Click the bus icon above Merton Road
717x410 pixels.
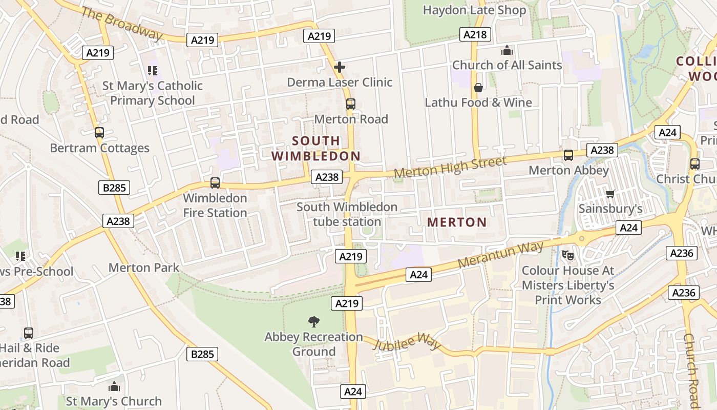[351, 104]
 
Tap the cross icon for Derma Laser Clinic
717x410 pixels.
[339, 67]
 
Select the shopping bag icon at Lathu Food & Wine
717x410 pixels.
[478, 88]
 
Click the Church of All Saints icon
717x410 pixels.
[507, 50]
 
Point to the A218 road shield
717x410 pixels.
[475, 34]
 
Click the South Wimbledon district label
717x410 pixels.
[316, 148]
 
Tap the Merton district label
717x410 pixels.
[457, 222]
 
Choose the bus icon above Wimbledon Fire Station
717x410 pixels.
[215, 183]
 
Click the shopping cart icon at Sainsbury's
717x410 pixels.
[610, 194]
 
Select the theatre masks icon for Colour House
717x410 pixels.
[567, 255]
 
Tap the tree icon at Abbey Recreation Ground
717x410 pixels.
[313, 322]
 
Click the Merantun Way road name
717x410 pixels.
[500, 255]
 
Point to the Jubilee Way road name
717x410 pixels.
[407, 341]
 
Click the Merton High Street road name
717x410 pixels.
[450, 168]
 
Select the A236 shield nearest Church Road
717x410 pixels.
[683, 293]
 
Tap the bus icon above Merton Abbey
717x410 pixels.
[568, 155]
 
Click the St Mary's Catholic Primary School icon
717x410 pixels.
[152, 70]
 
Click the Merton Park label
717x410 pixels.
[144, 268]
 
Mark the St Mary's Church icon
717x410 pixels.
[114, 386]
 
